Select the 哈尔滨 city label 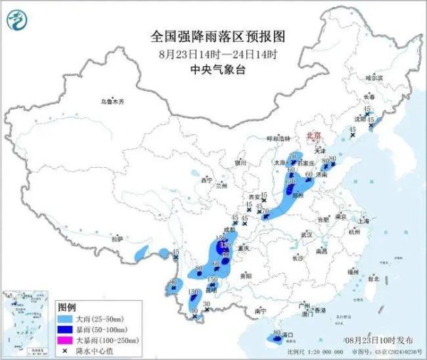pos(374,77)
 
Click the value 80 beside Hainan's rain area pos(276,333)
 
